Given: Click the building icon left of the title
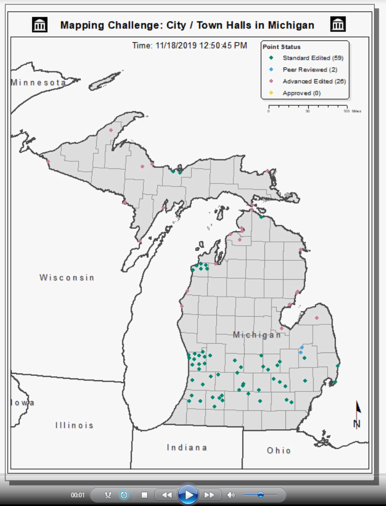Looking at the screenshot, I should tap(40, 24).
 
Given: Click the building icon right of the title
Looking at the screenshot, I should tap(338, 24).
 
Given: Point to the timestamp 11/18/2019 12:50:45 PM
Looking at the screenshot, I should tap(190, 45).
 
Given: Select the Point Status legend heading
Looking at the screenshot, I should tap(282, 47).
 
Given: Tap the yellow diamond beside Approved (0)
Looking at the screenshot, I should tap(271, 93).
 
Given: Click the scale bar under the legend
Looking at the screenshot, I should tap(307, 107).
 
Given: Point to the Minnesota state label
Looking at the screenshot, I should tap(38, 82).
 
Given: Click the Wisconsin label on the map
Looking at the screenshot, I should tap(67, 278).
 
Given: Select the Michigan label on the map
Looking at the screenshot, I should tap(257, 335).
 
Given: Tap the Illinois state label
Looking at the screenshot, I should tap(75, 425).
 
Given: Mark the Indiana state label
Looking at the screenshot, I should tap(187, 447).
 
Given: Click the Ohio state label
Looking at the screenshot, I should tap(279, 450).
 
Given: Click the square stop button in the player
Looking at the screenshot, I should tap(145, 495).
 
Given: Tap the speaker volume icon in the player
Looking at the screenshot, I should tap(231, 495).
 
